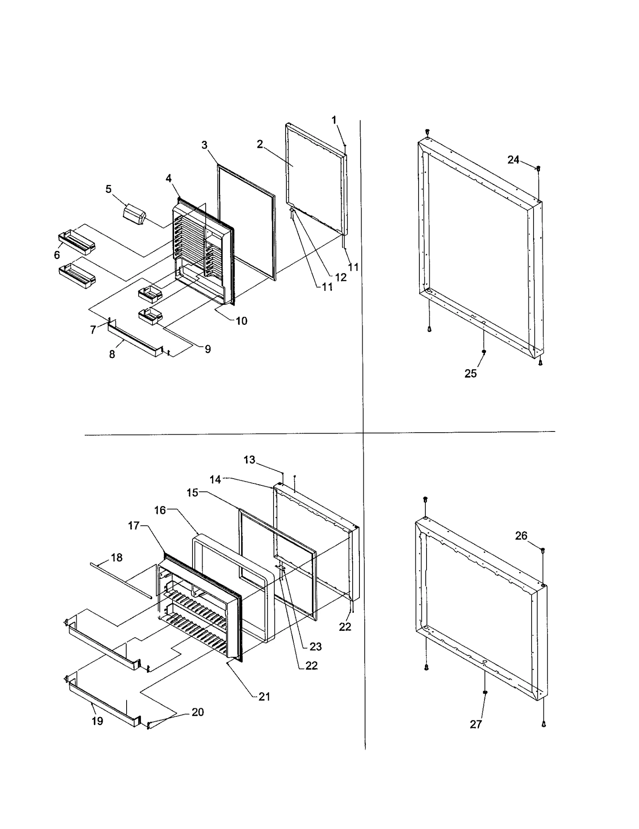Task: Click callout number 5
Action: (108, 189)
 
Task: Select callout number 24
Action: (513, 160)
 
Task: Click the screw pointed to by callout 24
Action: (538, 169)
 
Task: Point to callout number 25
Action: (470, 373)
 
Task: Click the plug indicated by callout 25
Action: (484, 352)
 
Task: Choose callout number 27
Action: (476, 724)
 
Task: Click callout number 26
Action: (521, 536)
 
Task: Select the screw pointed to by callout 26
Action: (543, 551)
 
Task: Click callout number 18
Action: (117, 557)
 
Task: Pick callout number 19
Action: (97, 721)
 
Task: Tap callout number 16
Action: (160, 510)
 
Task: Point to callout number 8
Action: (112, 354)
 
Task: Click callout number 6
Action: (57, 255)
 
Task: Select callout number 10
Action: (241, 321)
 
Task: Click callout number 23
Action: (316, 646)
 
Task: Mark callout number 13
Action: (249, 460)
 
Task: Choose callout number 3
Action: (204, 145)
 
